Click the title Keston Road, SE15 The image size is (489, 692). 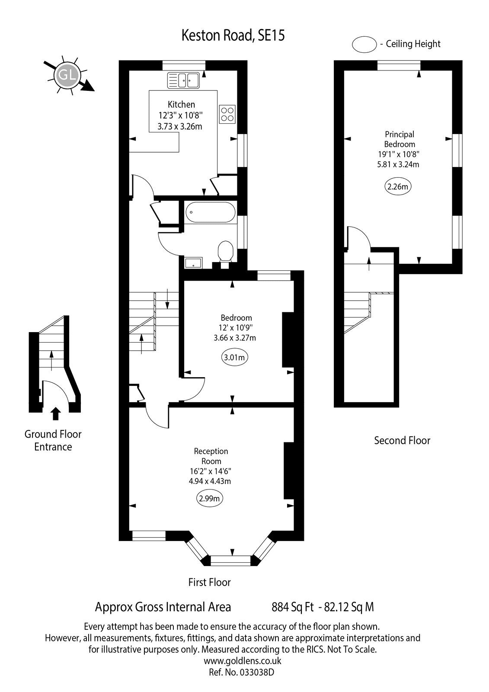click(233, 35)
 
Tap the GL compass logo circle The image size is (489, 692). click(67, 75)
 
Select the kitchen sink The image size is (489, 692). click(183, 80)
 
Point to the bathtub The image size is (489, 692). click(211, 212)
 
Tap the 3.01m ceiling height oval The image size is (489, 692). click(234, 357)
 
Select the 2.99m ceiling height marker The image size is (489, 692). click(210, 498)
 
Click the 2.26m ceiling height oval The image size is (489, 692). click(398, 186)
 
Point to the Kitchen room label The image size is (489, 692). click(181, 104)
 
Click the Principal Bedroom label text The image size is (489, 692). click(400, 139)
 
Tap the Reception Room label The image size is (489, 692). click(211, 456)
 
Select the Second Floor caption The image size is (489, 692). click(402, 440)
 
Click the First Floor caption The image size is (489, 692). click(209, 582)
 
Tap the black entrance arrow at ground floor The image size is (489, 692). click(55, 413)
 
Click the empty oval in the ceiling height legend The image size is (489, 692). click(364, 44)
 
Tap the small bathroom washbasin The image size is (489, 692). click(193, 263)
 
